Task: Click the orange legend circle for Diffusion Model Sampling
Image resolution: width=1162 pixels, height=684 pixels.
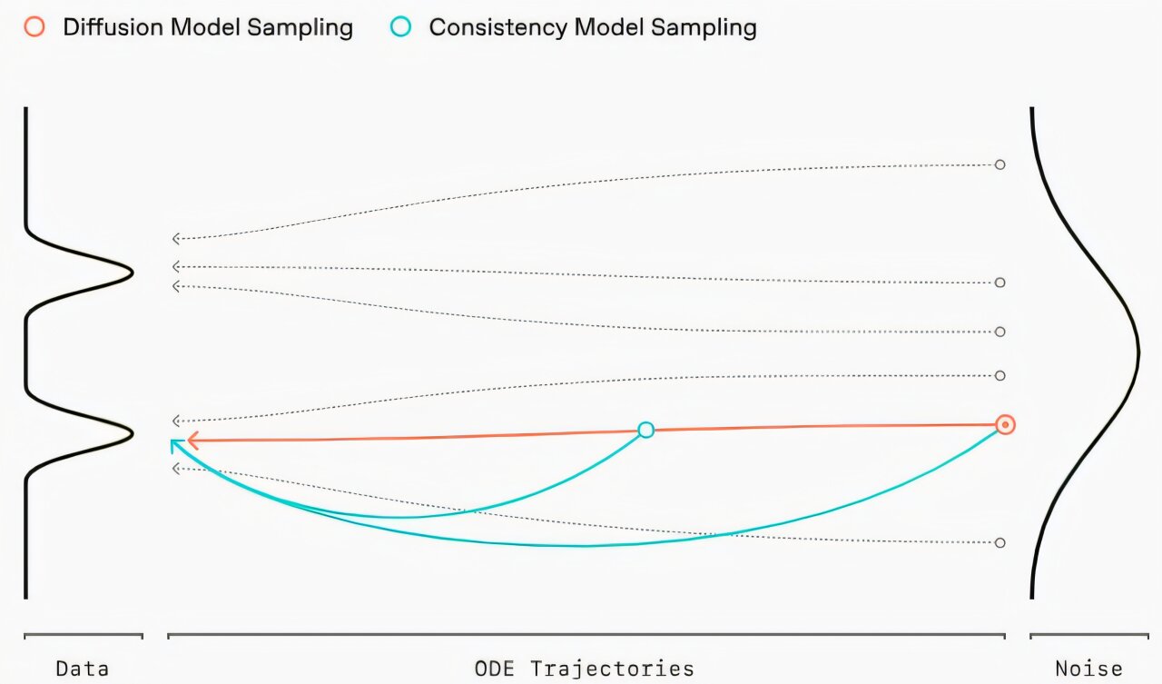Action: (34, 27)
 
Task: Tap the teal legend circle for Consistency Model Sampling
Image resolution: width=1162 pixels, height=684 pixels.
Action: (400, 27)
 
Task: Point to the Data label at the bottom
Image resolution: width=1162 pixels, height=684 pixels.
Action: (83, 669)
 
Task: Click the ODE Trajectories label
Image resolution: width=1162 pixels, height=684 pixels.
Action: (585, 669)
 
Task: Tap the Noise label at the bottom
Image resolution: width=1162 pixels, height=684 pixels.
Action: (1088, 669)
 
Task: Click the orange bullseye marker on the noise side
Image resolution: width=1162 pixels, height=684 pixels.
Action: (1005, 424)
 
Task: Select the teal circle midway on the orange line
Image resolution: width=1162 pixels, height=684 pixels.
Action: (645, 430)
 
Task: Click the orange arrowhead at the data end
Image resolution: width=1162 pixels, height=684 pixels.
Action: (192, 441)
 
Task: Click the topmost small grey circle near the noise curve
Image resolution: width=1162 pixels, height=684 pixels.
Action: (1000, 164)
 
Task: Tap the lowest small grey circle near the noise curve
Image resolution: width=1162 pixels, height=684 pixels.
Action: (1000, 542)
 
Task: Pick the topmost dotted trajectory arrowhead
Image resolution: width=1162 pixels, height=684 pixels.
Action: (177, 239)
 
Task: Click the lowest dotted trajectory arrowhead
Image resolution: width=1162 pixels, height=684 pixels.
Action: (177, 469)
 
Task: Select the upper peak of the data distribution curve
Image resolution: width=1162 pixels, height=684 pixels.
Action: (132, 272)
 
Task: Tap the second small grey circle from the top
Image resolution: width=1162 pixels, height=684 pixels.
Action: (1000, 283)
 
